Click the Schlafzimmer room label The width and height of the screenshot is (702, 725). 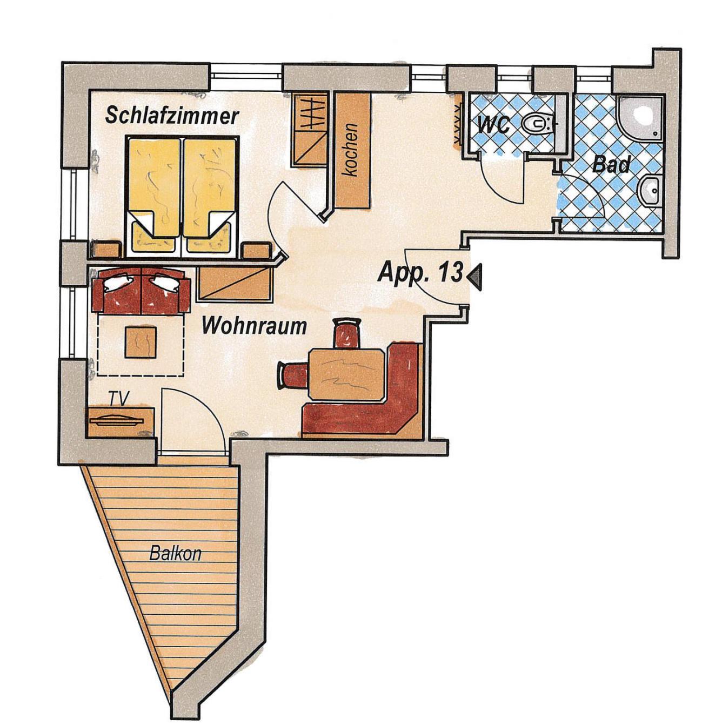[x=172, y=116]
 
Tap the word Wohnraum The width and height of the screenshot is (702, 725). [x=254, y=326]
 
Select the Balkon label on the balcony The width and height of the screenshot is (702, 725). [x=175, y=554]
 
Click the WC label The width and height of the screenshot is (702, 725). [x=493, y=125]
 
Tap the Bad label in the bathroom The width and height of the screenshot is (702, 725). [x=611, y=164]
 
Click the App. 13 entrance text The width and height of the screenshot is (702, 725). [x=420, y=272]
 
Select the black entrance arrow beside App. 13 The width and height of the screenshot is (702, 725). [x=475, y=276]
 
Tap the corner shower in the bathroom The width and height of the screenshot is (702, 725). [x=638, y=118]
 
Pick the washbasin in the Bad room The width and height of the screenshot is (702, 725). [x=649, y=191]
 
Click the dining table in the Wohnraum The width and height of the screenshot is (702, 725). [x=347, y=374]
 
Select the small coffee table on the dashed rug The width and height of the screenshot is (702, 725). [x=141, y=342]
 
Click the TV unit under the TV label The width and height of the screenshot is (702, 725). [x=120, y=422]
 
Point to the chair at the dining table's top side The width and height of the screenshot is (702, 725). [x=347, y=333]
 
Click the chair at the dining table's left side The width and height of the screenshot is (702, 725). [x=293, y=376]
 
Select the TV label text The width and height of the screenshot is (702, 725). [x=119, y=398]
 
